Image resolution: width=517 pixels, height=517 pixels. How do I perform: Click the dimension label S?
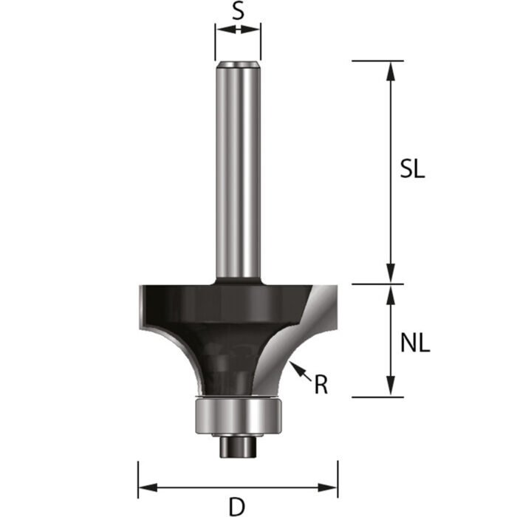click(238, 12)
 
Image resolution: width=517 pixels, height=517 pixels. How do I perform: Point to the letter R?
click(321, 384)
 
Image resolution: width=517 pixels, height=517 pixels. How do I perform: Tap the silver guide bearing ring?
click(238, 415)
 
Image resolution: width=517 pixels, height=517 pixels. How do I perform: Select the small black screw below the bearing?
click(238, 445)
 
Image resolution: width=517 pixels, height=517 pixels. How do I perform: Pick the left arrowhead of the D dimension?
click(146, 487)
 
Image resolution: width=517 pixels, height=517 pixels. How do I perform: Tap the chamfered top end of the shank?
click(238, 64)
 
